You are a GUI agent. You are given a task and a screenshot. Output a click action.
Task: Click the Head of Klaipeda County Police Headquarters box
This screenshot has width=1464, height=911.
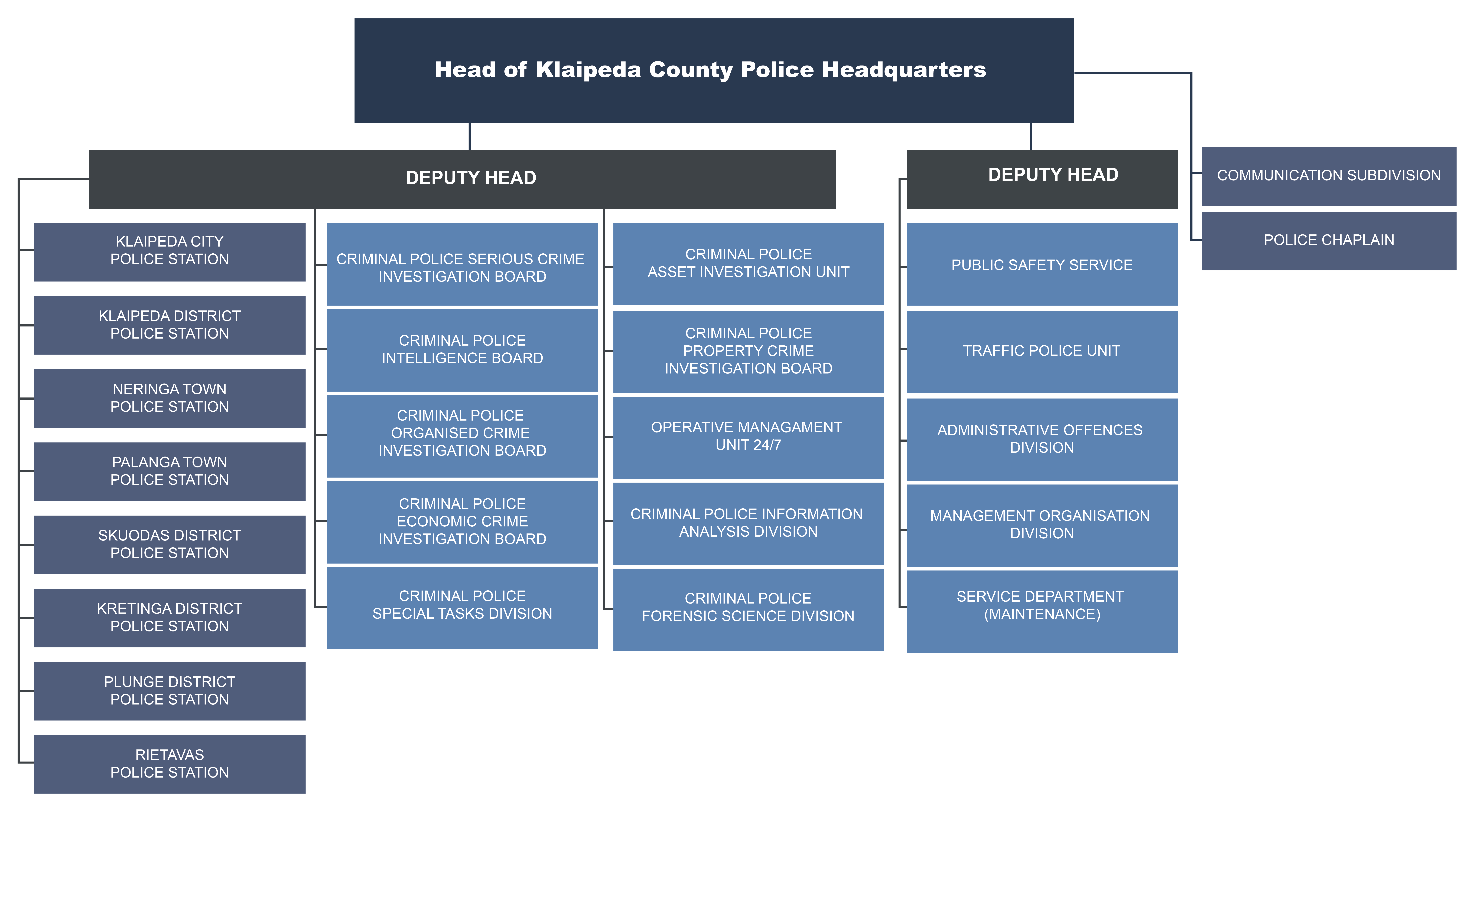(714, 70)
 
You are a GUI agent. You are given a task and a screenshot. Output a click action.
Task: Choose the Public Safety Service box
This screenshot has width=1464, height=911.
(1042, 264)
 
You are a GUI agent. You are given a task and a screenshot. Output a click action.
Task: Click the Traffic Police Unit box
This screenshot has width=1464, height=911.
(1042, 351)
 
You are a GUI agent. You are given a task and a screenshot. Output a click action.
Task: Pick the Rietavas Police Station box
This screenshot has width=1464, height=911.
(169, 764)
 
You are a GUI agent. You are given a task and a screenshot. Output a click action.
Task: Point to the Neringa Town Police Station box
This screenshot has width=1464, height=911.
(169, 398)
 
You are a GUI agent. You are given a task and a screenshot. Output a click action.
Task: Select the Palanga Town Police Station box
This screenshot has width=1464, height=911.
(169, 471)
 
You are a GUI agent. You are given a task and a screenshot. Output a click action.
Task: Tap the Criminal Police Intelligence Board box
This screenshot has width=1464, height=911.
(462, 350)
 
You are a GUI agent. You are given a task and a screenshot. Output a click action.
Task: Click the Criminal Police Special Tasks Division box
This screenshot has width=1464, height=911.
(462, 607)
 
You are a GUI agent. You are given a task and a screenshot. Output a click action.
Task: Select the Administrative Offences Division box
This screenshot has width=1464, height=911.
(1042, 439)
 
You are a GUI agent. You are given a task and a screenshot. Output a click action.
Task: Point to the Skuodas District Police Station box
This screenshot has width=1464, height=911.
(169, 545)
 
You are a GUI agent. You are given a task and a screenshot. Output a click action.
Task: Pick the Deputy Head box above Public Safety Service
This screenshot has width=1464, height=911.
(1042, 179)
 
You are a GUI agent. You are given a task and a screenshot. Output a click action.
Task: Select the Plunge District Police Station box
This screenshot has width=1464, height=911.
(169, 691)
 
